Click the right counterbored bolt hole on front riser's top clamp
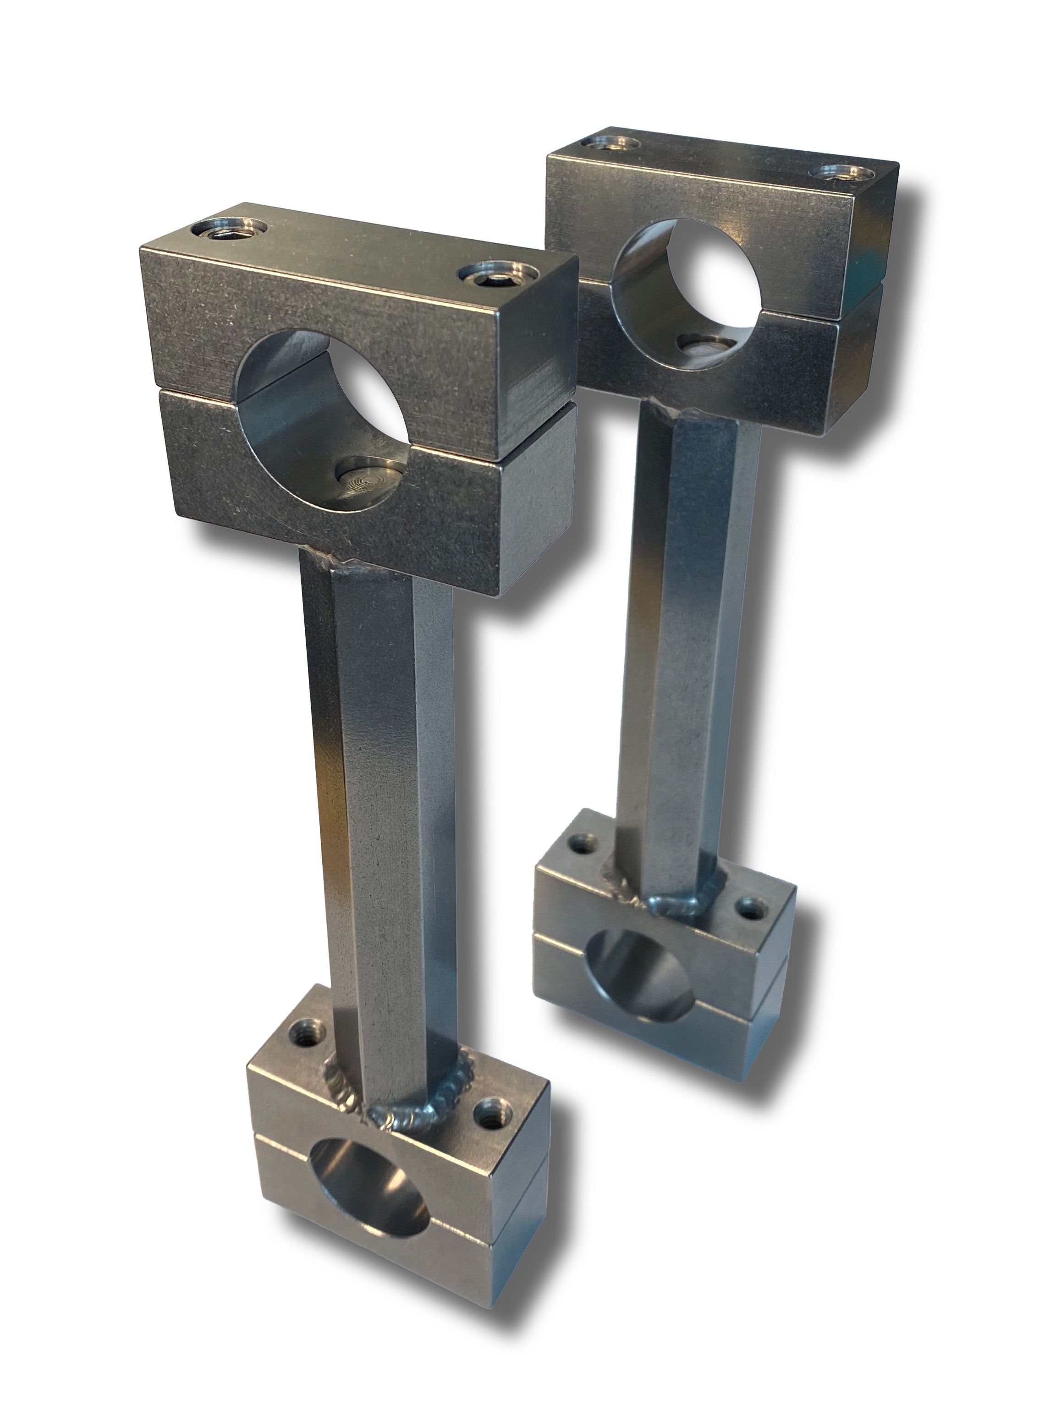pos(497,275)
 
